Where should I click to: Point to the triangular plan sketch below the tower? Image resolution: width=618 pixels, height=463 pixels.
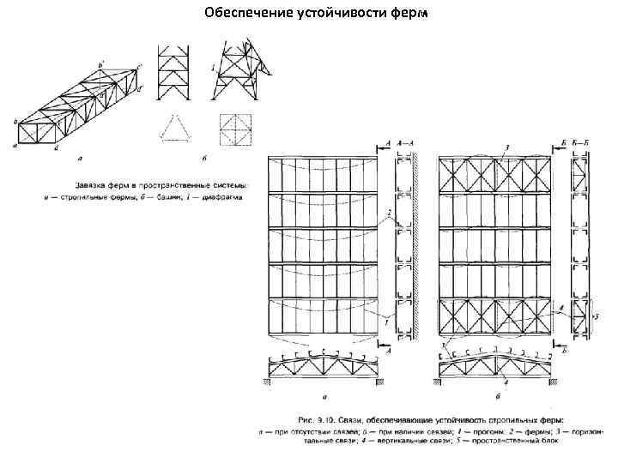[x=174, y=126]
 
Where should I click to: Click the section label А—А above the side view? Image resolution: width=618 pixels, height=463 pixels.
[x=405, y=142]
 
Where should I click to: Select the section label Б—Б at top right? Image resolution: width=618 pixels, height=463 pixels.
[x=580, y=142]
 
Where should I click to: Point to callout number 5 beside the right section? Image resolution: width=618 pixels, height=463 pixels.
[x=593, y=316]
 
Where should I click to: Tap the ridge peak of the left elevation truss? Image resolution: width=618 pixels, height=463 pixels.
[x=323, y=351]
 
